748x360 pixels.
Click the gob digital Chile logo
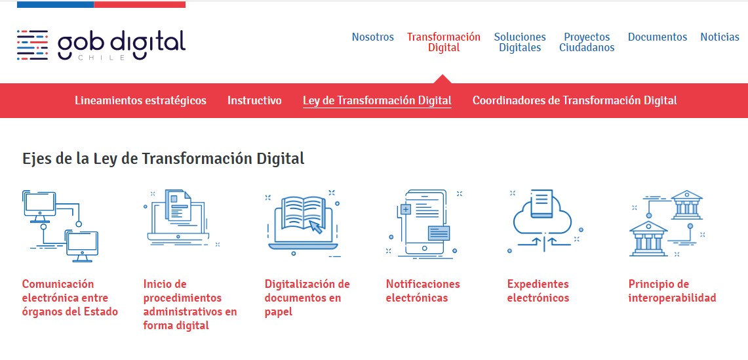[x=101, y=45]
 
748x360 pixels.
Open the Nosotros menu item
[x=372, y=37]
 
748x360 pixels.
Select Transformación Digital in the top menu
[x=443, y=42]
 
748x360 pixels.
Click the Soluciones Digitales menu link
[x=520, y=42]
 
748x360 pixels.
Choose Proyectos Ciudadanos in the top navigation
[x=587, y=42]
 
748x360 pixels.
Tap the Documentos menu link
[x=657, y=37]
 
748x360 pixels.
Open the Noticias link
[x=719, y=37]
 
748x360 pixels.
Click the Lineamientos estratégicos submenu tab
[x=140, y=100]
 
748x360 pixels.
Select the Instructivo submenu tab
[x=254, y=100]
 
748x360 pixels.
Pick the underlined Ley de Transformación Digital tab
[x=377, y=100]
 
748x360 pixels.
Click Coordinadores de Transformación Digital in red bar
[x=574, y=100]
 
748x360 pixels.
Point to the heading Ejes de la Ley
[x=163, y=159]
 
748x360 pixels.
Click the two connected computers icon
[x=60, y=226]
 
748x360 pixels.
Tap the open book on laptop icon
[x=303, y=222]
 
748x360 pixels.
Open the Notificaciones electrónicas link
[x=423, y=291]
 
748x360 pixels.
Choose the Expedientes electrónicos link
[x=538, y=291]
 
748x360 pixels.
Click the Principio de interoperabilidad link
[x=671, y=291]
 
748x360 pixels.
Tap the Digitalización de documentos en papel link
[x=307, y=298]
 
